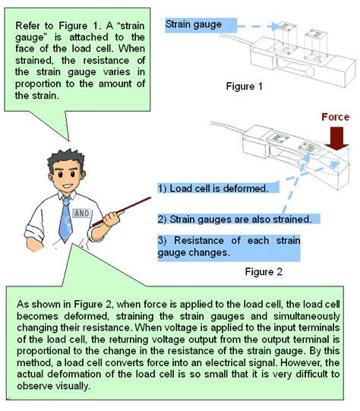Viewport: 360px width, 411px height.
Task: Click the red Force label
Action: pos(335,118)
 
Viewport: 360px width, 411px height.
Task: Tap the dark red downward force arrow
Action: pos(334,139)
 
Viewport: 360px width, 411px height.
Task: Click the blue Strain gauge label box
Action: pos(194,24)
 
